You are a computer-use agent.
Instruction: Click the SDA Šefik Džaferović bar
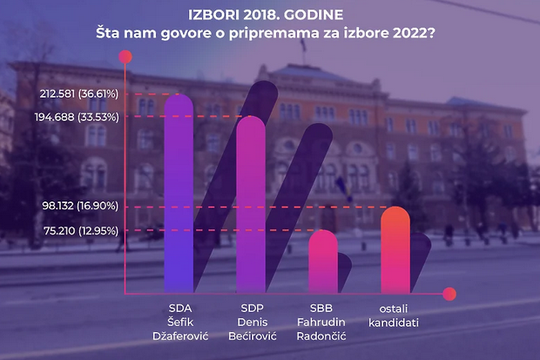[x=179, y=196]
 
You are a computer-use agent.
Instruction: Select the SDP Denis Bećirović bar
[x=251, y=209]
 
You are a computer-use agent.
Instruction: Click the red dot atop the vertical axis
[x=125, y=58]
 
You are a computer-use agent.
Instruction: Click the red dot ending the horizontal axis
[x=449, y=294]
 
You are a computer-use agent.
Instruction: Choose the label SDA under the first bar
[x=179, y=309]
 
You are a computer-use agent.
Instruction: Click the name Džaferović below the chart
[x=179, y=336]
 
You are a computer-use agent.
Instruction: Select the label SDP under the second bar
[x=252, y=309]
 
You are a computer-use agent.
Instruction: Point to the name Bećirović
[x=252, y=336]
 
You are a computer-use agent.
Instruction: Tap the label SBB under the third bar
[x=322, y=309]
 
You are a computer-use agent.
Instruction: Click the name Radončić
[x=322, y=336]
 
